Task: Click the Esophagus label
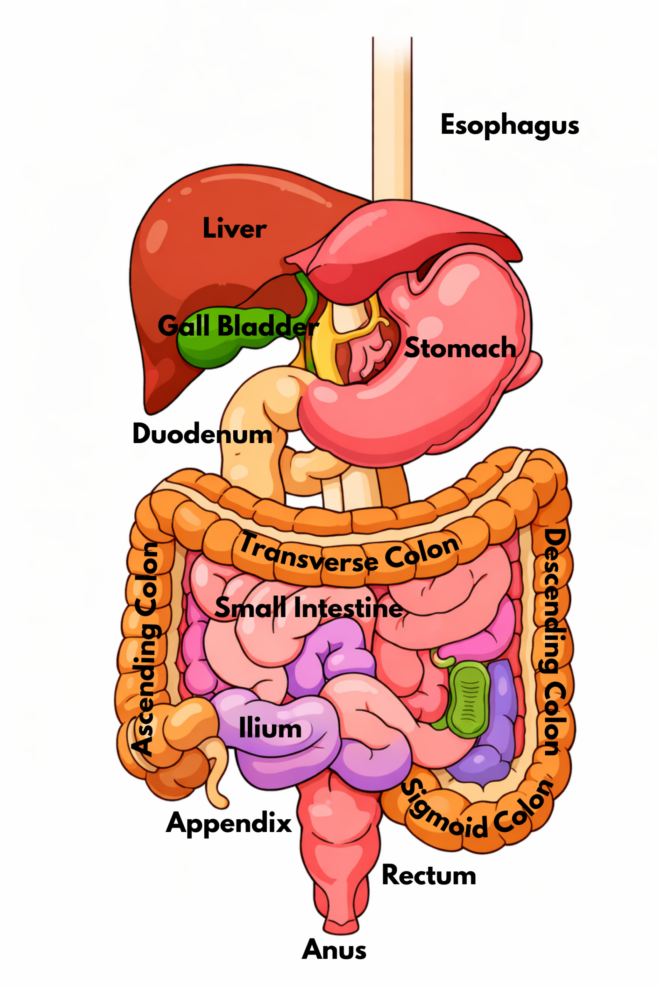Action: pos(510,125)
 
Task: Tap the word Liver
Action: pos(234,229)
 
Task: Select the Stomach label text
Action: pos(460,348)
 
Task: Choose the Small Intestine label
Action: pos(308,608)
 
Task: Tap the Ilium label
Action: pos(270,729)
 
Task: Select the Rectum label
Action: pos(429,876)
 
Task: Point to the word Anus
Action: pos(334,950)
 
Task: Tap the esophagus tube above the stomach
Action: pos(392,126)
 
